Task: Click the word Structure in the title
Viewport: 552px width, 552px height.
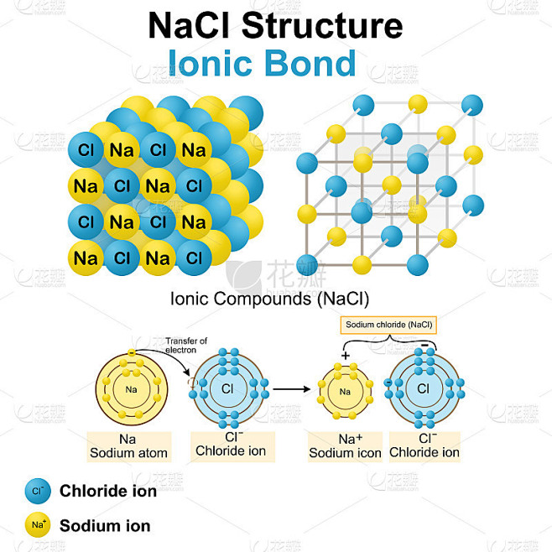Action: tap(322, 26)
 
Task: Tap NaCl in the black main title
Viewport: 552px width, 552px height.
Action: tap(190, 26)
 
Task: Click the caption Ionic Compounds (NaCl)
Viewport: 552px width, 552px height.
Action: tap(269, 298)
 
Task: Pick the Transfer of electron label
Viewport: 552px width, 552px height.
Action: tap(185, 345)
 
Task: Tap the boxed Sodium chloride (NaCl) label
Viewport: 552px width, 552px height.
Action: tap(388, 323)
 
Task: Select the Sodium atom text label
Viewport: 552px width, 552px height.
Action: tap(129, 453)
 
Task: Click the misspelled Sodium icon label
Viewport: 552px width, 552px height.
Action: tap(345, 453)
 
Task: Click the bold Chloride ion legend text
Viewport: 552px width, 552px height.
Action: tap(108, 491)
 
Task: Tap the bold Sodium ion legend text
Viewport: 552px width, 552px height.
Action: tap(105, 526)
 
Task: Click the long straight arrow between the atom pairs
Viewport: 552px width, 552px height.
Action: tap(290, 388)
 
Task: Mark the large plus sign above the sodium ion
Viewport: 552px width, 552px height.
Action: tap(344, 356)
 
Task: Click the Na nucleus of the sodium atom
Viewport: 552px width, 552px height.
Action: tap(131, 389)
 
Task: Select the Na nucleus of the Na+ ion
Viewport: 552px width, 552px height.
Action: tap(345, 392)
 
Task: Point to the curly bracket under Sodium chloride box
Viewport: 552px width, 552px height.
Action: tap(388, 339)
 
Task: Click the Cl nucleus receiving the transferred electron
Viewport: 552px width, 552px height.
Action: tap(227, 388)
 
